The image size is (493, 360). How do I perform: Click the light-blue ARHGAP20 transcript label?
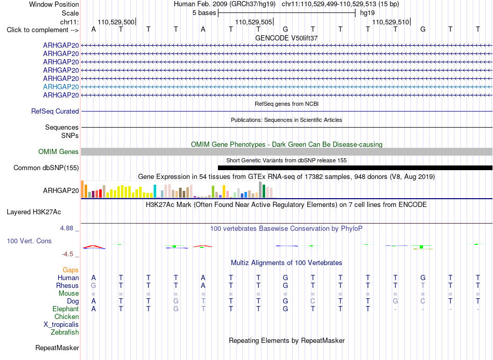tap(61, 87)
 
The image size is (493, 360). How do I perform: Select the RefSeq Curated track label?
tap(55, 112)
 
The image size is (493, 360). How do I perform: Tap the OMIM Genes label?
tap(59, 151)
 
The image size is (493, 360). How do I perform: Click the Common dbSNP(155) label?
tap(46, 168)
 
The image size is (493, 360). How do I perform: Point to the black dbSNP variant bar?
tap(355, 168)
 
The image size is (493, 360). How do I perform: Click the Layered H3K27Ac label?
tap(34, 212)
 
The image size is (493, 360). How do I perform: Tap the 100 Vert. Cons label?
tap(29, 241)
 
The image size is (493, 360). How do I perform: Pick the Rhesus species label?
tap(67, 286)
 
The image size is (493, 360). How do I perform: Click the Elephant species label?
tap(65, 309)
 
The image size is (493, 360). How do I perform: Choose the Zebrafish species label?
tap(65, 333)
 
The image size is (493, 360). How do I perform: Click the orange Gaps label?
tap(71, 270)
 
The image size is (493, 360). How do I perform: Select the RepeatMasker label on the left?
tap(57, 348)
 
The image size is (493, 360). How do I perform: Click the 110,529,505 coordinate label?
tap(253, 22)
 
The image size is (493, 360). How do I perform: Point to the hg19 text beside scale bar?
tap(367, 13)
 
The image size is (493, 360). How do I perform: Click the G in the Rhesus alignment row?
tap(93, 286)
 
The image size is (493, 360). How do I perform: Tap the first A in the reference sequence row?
tap(93, 30)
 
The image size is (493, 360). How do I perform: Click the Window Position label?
tap(54, 4)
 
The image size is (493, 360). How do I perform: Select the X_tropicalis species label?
tap(61, 325)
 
